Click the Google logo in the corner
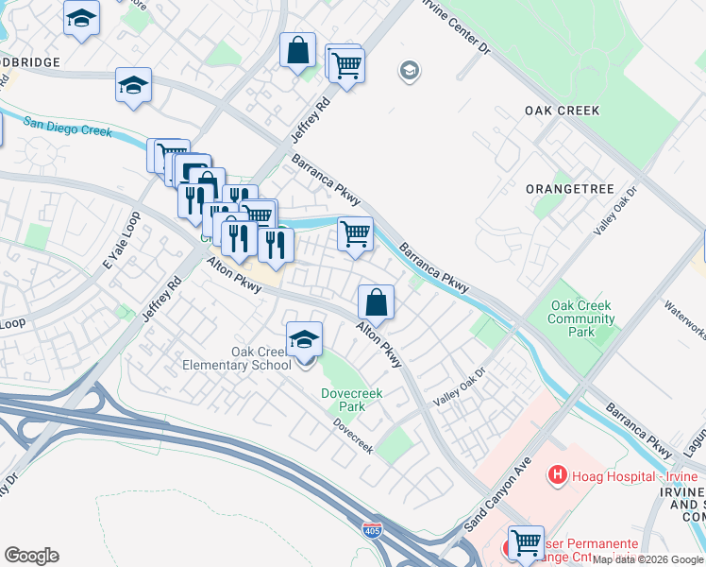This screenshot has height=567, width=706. (x=31, y=556)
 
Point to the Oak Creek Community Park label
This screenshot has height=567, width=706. (x=580, y=318)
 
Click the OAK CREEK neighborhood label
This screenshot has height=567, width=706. (x=563, y=111)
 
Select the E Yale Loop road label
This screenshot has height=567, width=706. (x=121, y=235)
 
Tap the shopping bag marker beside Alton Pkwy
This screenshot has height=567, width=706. (x=376, y=303)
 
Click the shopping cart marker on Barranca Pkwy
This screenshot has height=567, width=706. (x=355, y=233)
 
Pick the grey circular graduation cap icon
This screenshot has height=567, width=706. (x=409, y=71)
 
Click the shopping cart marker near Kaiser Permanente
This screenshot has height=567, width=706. (x=526, y=542)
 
